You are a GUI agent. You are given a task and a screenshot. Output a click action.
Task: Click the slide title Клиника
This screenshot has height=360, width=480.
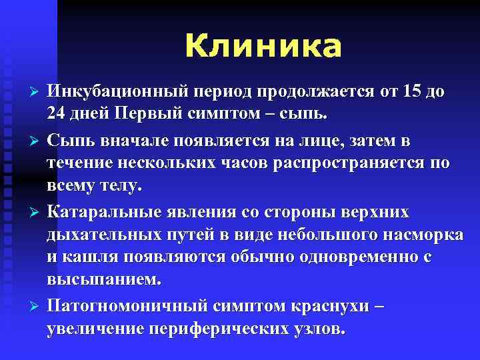263,47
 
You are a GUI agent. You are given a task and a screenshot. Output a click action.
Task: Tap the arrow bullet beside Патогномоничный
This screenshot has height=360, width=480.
27,307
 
